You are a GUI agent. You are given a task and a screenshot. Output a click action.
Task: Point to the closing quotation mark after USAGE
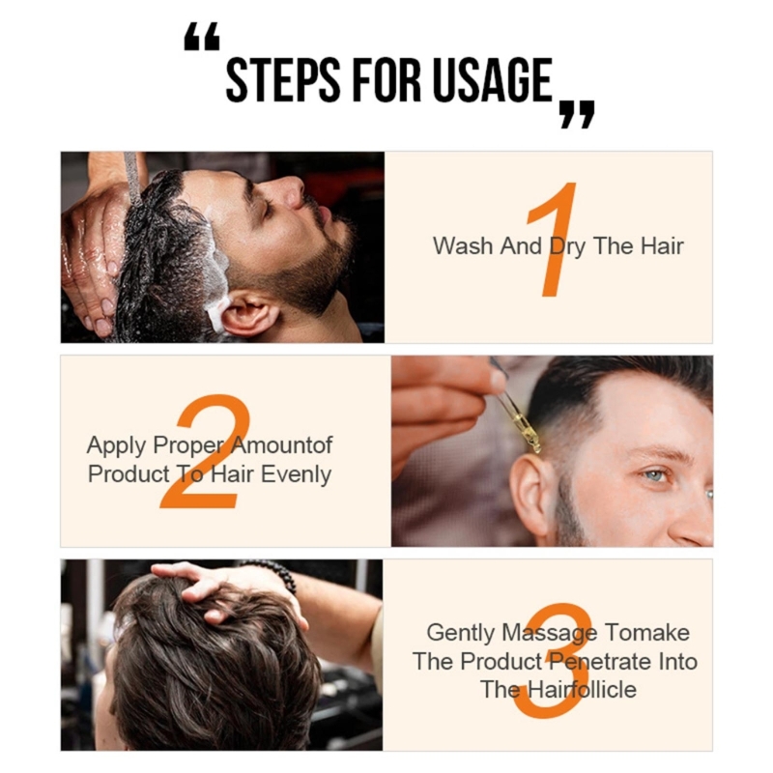[577, 113]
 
